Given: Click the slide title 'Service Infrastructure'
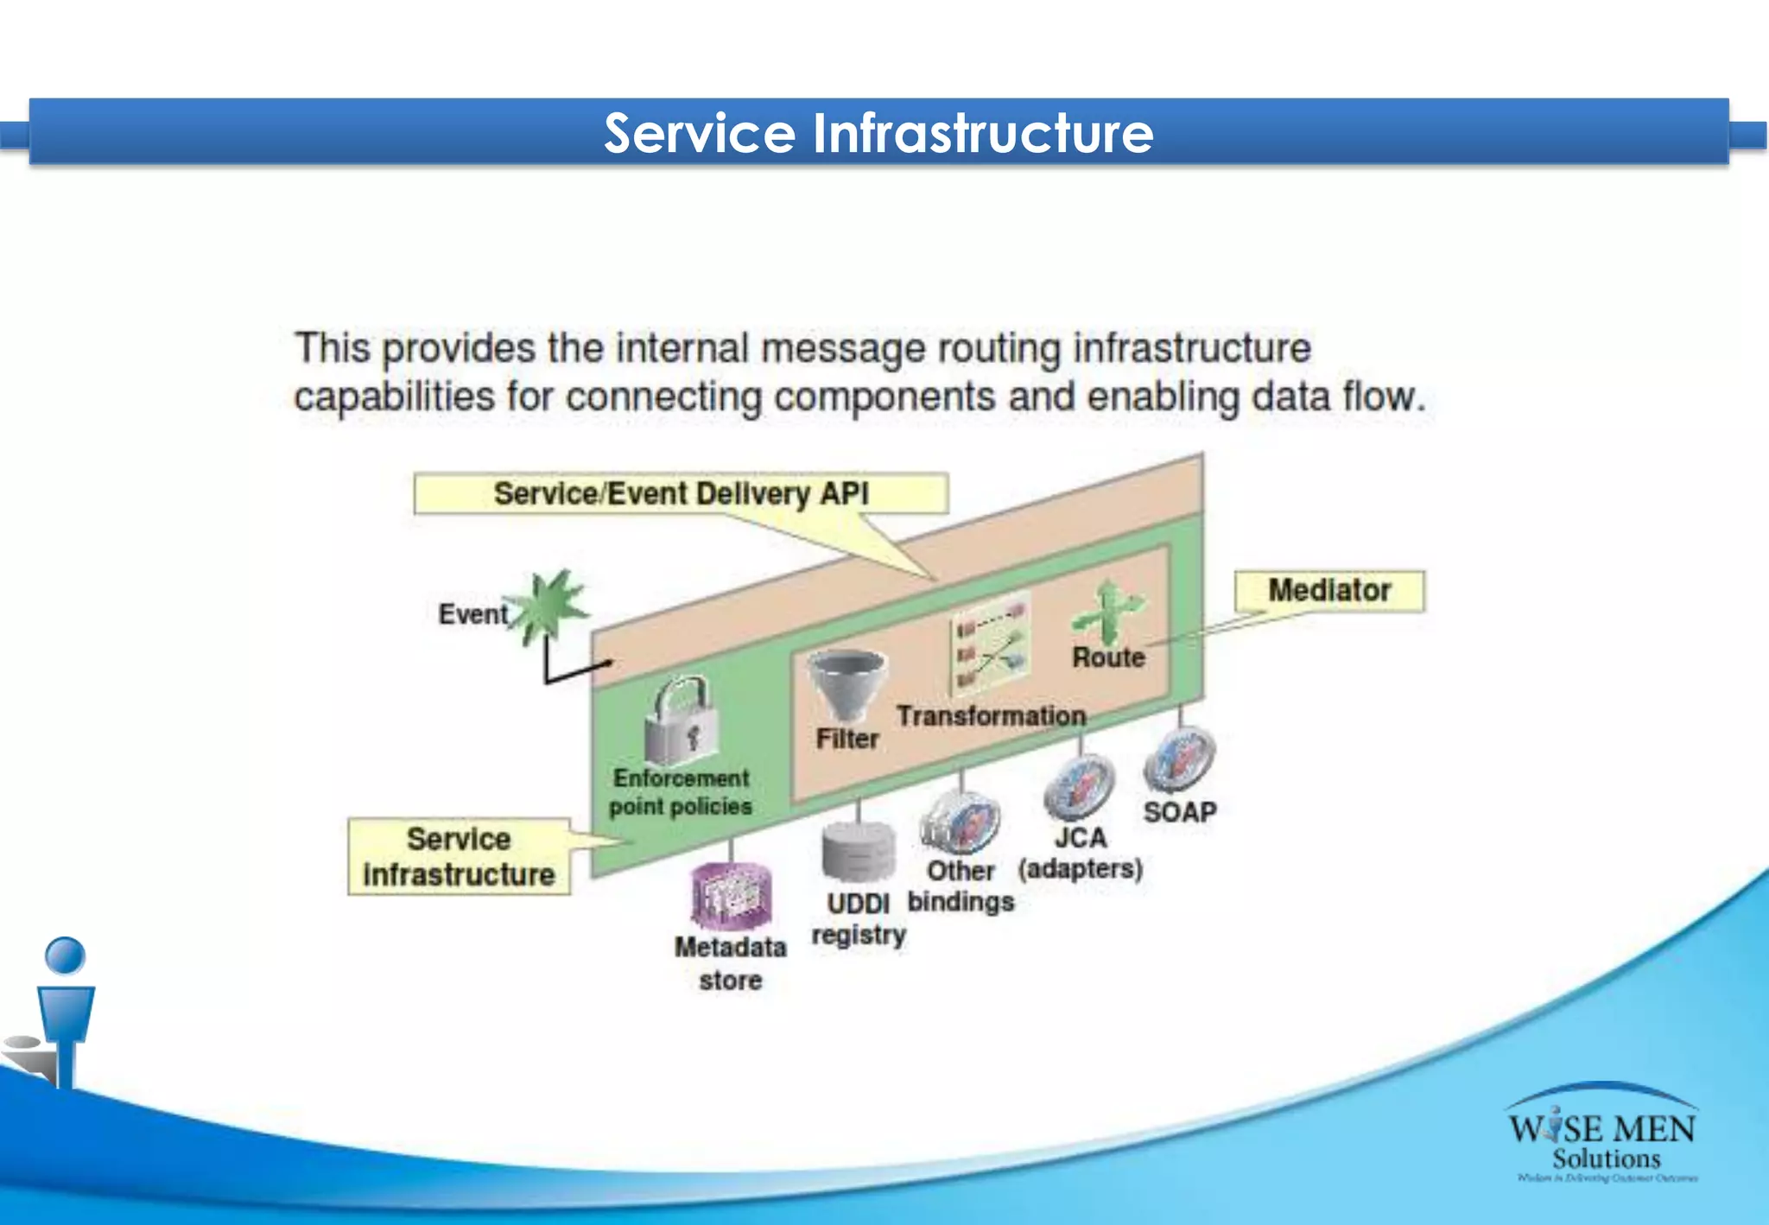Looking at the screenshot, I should [x=878, y=133].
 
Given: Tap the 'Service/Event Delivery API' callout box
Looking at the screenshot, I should [x=681, y=494].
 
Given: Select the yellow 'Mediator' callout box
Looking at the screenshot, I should [x=1328, y=591].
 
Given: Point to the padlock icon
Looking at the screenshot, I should [x=681, y=720].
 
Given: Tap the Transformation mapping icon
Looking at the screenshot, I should [x=991, y=643].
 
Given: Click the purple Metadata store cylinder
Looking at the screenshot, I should [x=731, y=897].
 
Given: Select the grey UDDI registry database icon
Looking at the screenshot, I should [x=859, y=850].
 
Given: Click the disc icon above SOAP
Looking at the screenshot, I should [x=1179, y=758].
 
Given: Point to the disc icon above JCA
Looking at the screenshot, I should [x=1079, y=786].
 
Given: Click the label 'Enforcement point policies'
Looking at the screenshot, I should [x=681, y=792].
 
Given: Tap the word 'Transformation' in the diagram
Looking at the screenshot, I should [x=991, y=716].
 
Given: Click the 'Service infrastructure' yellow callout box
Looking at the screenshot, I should [x=459, y=856].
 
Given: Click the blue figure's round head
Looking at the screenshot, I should [x=65, y=955].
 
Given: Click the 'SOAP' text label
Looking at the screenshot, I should [x=1180, y=812].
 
